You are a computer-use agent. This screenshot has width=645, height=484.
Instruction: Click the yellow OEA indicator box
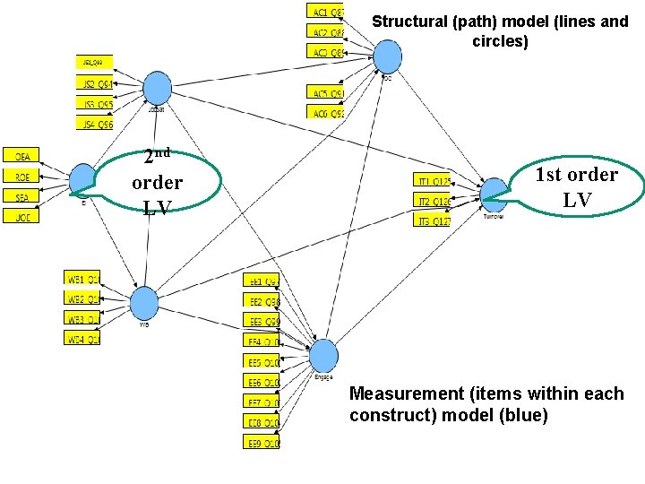pyautogui.click(x=21, y=156)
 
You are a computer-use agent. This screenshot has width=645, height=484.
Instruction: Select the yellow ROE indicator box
pyautogui.click(x=21, y=176)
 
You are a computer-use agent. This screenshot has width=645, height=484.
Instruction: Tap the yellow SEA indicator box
pyautogui.click(x=21, y=196)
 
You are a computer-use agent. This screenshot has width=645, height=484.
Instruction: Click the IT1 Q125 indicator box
pyautogui.click(x=432, y=179)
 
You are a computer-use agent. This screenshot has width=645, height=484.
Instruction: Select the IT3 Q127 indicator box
pyautogui.click(x=432, y=220)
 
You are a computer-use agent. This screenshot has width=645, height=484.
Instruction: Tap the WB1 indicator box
pyautogui.click(x=82, y=277)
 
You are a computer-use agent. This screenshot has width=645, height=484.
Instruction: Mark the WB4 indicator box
pyautogui.click(x=82, y=338)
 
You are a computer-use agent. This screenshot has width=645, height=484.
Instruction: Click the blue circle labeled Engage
pyautogui.click(x=323, y=355)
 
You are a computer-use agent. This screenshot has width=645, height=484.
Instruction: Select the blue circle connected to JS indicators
pyautogui.click(x=158, y=88)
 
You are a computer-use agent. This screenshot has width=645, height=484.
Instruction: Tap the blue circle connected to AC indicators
pyautogui.click(x=388, y=56)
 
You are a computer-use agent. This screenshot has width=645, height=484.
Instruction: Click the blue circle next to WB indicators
pyautogui.click(x=143, y=302)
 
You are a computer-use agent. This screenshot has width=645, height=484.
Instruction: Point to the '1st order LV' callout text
pyautogui.click(x=576, y=186)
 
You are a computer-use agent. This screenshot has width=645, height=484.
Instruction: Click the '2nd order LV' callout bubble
pyautogui.click(x=156, y=183)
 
